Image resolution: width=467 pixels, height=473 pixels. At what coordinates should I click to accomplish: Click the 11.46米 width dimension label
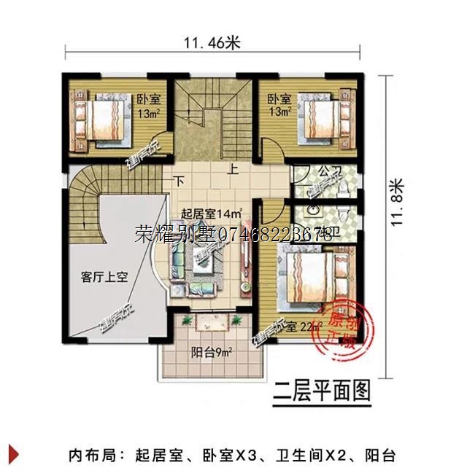pyautogui.click(x=212, y=42)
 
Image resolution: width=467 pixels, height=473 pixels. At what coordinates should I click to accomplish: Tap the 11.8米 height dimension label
pyautogui.click(x=397, y=202)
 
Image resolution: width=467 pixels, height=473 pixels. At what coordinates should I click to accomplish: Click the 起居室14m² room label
pyautogui.click(x=211, y=214)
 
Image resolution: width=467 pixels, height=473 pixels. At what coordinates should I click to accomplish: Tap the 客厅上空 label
pyautogui.click(x=104, y=277)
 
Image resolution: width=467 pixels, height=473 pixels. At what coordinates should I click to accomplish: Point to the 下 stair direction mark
pyautogui.click(x=178, y=181)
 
